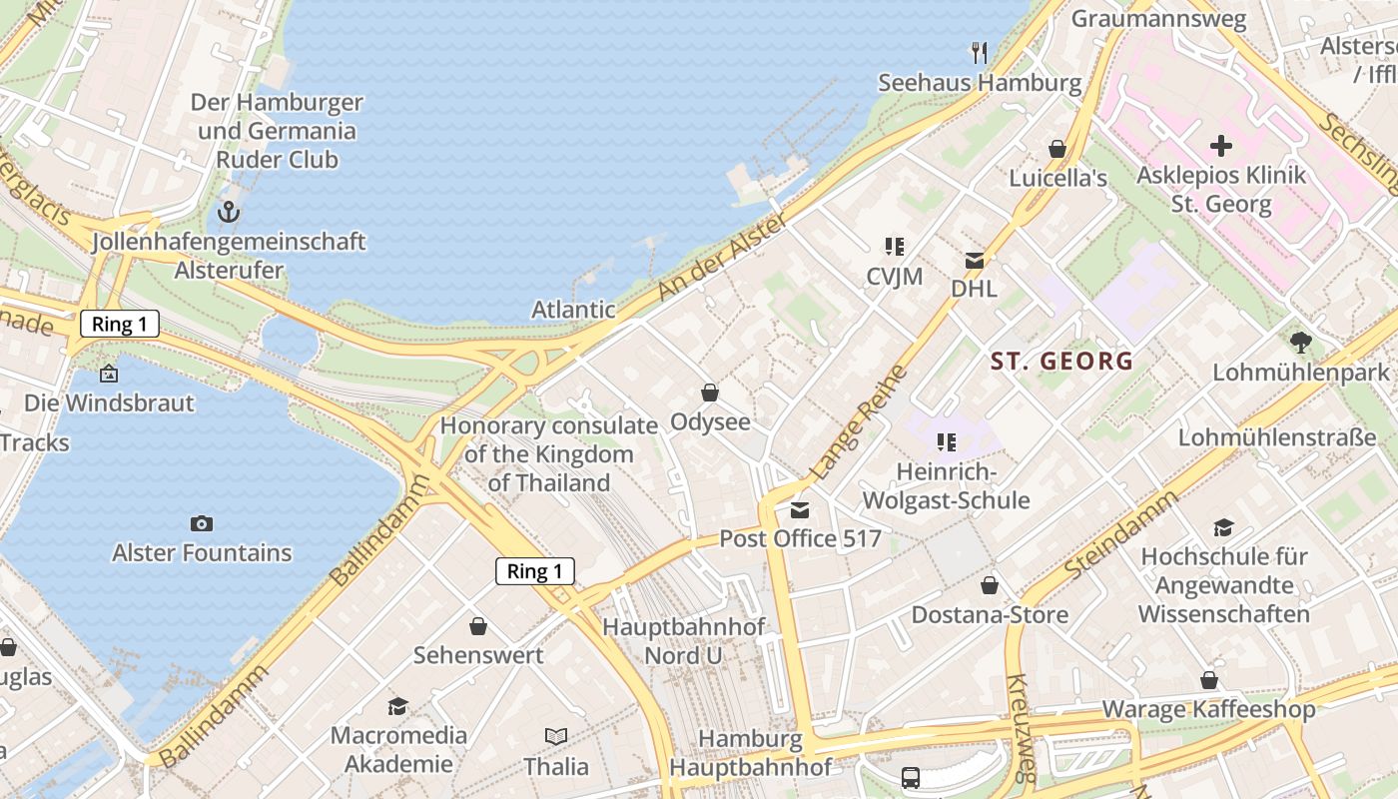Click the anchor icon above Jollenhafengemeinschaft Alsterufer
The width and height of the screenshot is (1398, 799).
click(229, 212)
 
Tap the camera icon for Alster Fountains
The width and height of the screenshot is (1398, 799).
click(201, 523)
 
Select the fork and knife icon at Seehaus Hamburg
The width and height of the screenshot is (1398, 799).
click(979, 52)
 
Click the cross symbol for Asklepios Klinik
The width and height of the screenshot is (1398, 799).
click(1220, 146)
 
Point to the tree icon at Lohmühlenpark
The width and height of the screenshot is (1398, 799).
click(1300, 343)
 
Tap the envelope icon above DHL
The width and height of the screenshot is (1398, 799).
click(974, 261)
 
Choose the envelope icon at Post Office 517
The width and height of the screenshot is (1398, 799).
click(799, 510)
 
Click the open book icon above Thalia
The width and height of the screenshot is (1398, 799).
click(556, 737)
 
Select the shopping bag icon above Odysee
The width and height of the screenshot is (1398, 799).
click(710, 393)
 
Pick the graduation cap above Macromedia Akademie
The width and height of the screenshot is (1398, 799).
click(398, 706)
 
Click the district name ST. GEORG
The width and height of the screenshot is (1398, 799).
click(1061, 361)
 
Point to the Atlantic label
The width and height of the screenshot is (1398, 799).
click(573, 310)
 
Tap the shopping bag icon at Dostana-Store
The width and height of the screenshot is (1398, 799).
click(990, 585)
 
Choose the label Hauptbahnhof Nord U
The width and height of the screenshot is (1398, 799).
click(683, 641)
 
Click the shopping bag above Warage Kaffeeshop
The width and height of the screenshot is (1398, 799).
click(1208, 681)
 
